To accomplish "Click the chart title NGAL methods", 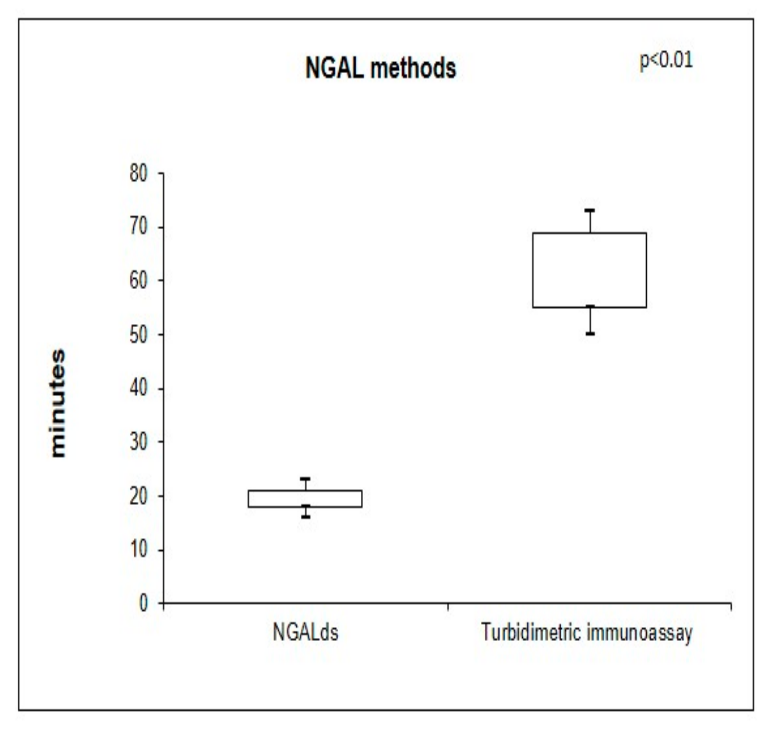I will click(x=381, y=68).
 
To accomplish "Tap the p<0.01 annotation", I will click(x=666, y=60).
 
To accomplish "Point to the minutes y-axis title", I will click(x=57, y=403).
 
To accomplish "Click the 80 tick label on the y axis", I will click(x=139, y=174).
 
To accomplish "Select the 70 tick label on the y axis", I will click(x=139, y=227).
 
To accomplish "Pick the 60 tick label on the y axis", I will click(x=139, y=281).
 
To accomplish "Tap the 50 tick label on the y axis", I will click(x=139, y=335).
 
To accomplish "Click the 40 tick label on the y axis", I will click(x=139, y=388).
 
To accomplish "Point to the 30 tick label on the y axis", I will click(x=139, y=442).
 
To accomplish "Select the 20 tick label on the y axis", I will click(x=139, y=496).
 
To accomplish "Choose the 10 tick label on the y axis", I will click(x=139, y=550).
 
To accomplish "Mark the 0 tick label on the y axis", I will click(x=144, y=603).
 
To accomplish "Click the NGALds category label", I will click(x=305, y=632).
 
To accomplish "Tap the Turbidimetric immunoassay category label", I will click(x=587, y=632).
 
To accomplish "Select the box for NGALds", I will click(x=305, y=498).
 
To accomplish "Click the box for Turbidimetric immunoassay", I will click(x=589, y=270).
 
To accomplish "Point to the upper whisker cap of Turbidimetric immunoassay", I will click(x=590, y=210).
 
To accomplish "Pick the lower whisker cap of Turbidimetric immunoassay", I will click(x=590, y=334).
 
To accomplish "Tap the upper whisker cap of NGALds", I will click(x=305, y=479).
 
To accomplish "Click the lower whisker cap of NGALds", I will click(x=305, y=517).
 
